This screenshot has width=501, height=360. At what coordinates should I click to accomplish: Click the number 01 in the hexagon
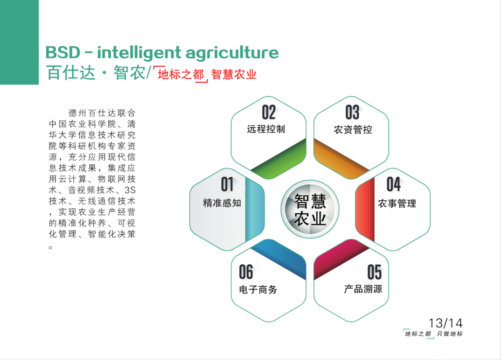click(227, 184)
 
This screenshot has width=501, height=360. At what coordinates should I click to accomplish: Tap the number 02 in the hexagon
click(269, 112)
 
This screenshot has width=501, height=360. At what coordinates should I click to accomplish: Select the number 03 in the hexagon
click(352, 112)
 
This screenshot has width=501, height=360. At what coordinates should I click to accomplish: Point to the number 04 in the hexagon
click(394, 184)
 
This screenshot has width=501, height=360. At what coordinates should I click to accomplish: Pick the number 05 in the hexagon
click(374, 272)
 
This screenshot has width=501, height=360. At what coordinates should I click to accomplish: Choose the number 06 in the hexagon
click(246, 272)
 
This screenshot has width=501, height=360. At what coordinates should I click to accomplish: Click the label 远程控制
click(266, 129)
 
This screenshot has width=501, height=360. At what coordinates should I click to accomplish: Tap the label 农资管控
click(353, 130)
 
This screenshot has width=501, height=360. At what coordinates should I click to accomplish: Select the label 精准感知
click(222, 203)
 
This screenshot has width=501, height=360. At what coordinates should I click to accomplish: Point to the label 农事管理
click(397, 204)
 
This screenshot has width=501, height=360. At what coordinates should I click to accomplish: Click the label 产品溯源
click(363, 289)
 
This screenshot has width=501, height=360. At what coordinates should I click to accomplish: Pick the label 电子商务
click(258, 290)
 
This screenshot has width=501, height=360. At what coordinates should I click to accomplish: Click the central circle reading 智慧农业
click(310, 209)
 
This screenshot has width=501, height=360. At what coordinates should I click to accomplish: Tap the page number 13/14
click(446, 323)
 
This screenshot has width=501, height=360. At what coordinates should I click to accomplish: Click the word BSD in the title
click(63, 53)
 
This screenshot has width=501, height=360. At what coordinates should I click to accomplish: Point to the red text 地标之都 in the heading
click(181, 74)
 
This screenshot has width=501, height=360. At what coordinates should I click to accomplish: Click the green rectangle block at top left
click(19, 42)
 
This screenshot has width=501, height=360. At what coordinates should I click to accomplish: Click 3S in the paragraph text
click(130, 190)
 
